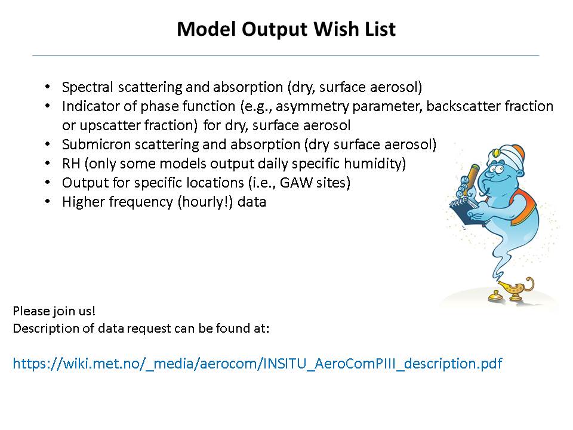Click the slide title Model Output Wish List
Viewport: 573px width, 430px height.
pos(286,29)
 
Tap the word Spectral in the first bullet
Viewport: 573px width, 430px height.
pos(87,87)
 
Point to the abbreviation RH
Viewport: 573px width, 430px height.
pos(71,164)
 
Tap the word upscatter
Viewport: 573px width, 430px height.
pos(112,125)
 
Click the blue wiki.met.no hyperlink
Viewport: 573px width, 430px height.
pos(257,364)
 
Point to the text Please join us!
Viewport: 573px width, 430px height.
pos(54,311)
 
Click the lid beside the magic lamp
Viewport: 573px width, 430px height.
pos(494,296)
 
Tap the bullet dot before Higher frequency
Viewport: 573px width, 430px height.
pos(48,201)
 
